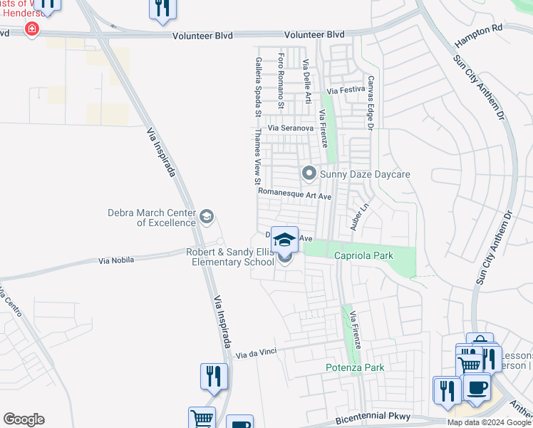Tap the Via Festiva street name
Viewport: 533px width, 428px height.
pyautogui.click(x=346, y=91)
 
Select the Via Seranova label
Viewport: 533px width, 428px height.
pyautogui.click(x=291, y=128)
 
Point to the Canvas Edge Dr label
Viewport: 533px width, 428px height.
pyautogui.click(x=371, y=103)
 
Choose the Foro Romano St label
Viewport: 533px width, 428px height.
pyautogui.click(x=281, y=81)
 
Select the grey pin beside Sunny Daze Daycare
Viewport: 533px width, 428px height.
pyautogui.click(x=309, y=173)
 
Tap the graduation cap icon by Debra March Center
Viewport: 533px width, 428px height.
pyautogui.click(x=207, y=218)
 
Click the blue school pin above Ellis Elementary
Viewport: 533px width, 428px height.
pyautogui.click(x=284, y=240)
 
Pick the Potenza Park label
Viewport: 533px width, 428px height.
pyautogui.click(x=355, y=367)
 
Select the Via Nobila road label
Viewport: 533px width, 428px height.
pyautogui.click(x=119, y=261)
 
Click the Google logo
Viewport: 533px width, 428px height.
pyautogui.click(x=24, y=419)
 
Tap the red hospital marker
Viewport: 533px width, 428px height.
pyautogui.click(x=31, y=29)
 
